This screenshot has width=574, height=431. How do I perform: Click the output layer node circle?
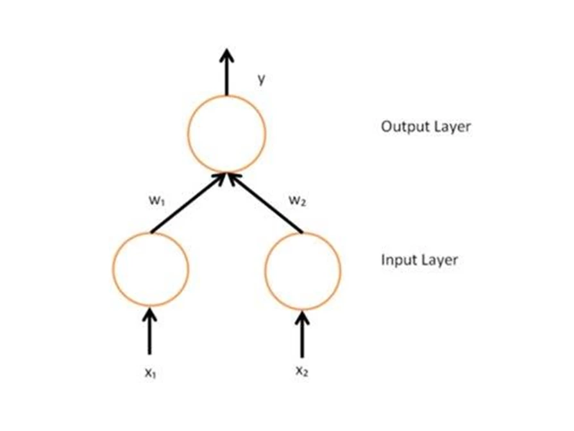[x=226, y=133]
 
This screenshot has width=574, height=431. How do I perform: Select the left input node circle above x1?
[x=150, y=268]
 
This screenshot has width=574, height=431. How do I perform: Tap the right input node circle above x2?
[x=303, y=268]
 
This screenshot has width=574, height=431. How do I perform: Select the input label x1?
[x=151, y=373]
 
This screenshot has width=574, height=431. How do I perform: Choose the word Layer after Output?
[x=451, y=127]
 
